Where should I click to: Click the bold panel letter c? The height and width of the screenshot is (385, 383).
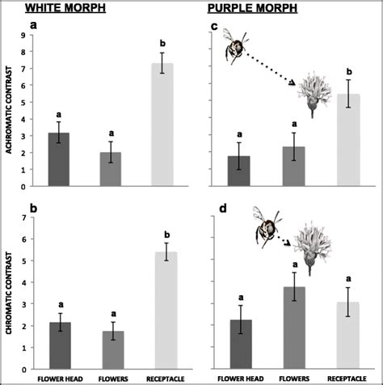point(214,26)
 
